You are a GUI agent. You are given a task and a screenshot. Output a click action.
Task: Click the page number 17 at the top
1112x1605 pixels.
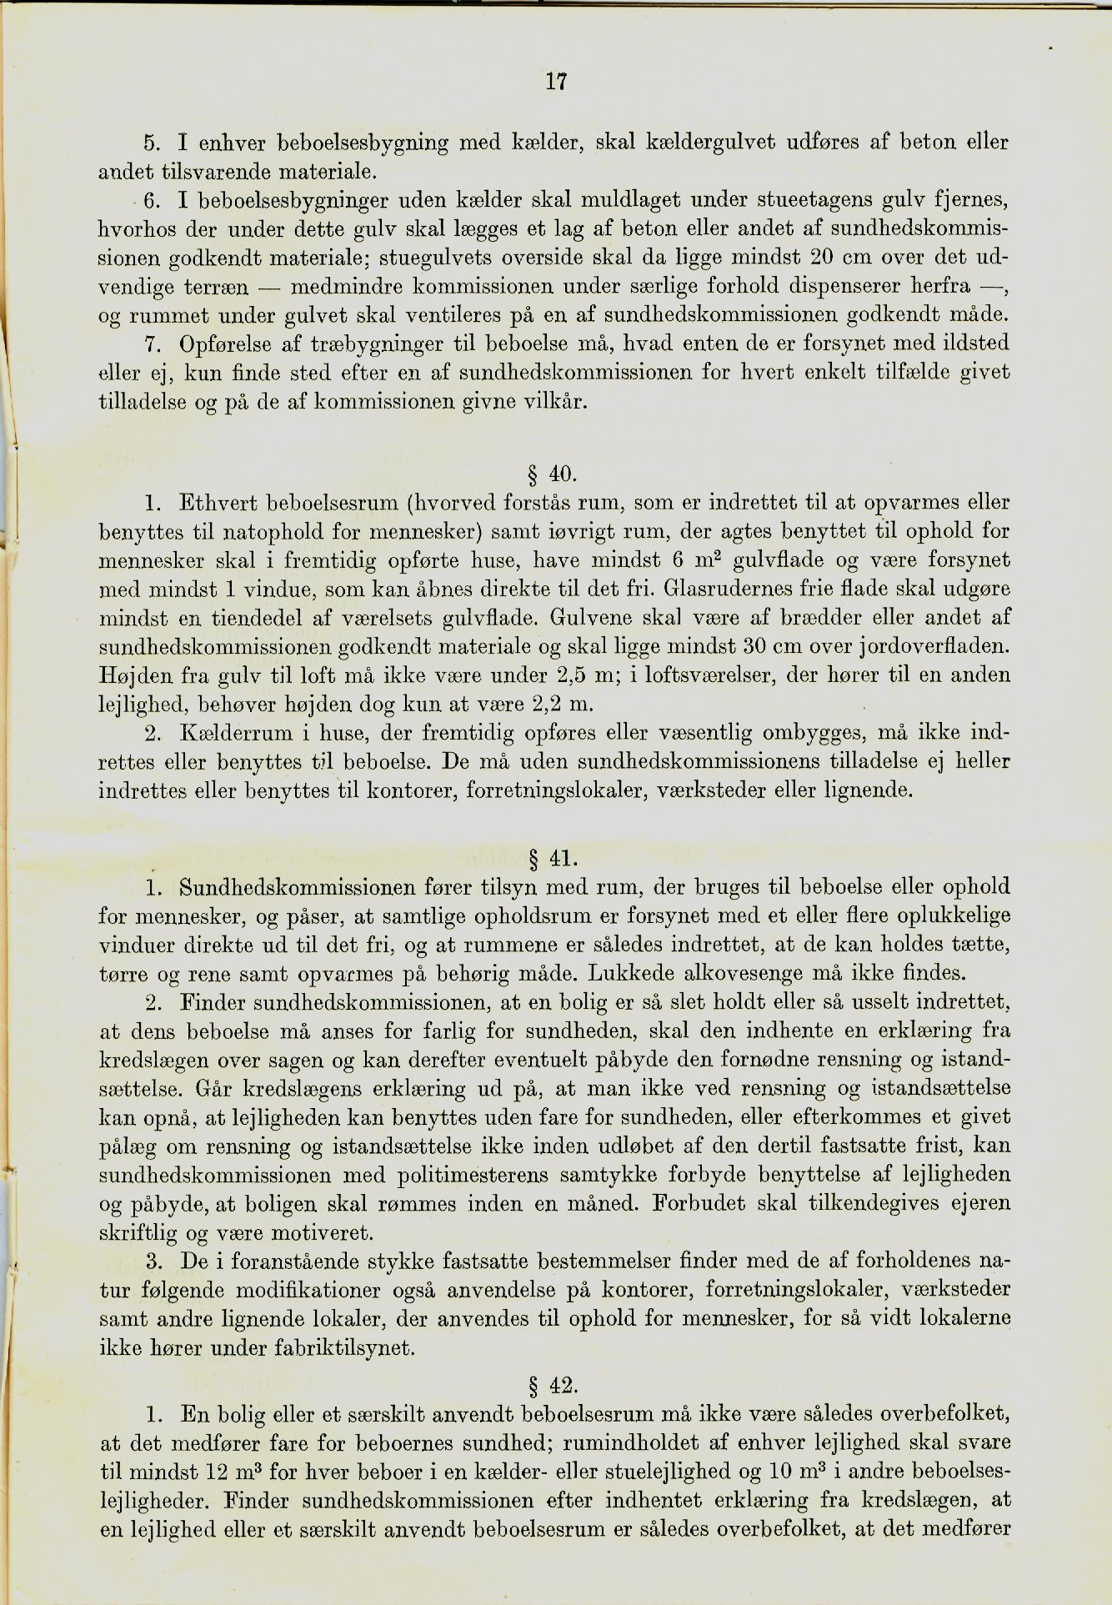pos(556,82)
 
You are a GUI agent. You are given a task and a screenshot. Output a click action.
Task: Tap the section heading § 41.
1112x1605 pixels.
pos(553,858)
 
